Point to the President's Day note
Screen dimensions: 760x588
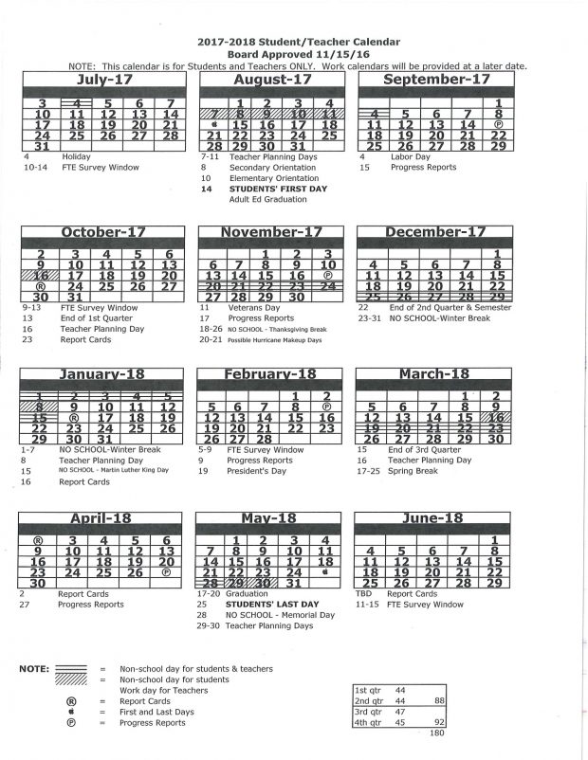255,471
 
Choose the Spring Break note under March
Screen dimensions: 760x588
410,471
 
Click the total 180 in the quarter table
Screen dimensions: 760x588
436,732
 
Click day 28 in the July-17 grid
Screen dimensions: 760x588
170,136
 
